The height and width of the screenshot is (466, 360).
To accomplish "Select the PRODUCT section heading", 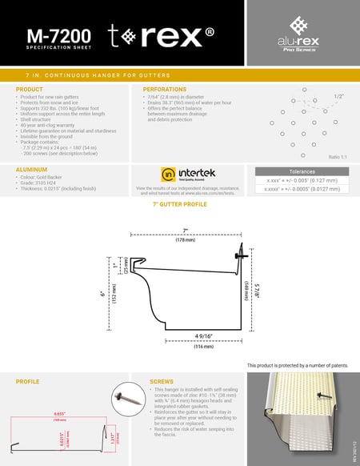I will [30, 89].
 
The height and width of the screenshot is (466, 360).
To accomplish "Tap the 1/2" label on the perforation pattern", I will [338, 96].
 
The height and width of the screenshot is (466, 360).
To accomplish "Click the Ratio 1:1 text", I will [337, 158].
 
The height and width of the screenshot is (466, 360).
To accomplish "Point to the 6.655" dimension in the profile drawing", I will [37, 413].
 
